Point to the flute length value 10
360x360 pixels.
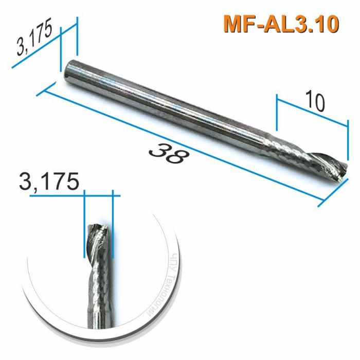(314, 101)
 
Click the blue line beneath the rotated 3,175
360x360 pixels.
(39, 55)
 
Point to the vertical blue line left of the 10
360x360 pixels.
(277, 112)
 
